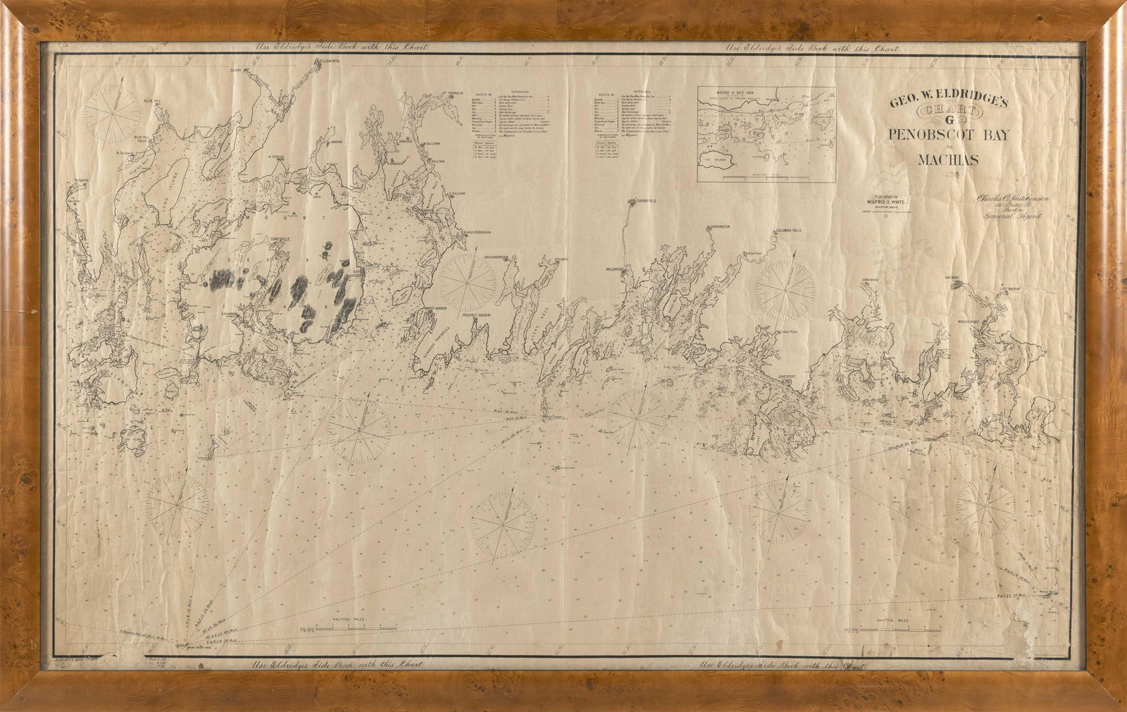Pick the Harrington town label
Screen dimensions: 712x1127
coord(716,227)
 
